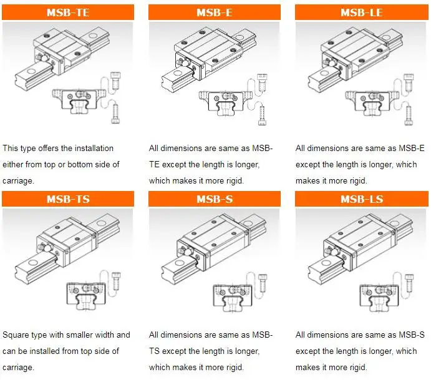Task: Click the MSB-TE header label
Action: (x=68, y=12)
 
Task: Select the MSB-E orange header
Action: (x=215, y=12)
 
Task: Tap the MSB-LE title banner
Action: (x=362, y=12)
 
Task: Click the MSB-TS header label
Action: (x=68, y=199)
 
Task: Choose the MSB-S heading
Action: (x=215, y=199)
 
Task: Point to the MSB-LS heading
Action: (x=362, y=199)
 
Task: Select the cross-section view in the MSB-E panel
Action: (x=225, y=103)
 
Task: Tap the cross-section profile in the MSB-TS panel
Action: (x=85, y=294)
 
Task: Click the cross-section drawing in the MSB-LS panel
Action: (x=379, y=298)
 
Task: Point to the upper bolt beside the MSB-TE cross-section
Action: (x=115, y=80)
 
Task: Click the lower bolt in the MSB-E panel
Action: (x=262, y=115)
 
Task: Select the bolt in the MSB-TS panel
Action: (x=116, y=280)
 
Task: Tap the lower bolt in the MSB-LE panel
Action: (x=409, y=115)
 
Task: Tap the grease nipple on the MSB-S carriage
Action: (x=183, y=250)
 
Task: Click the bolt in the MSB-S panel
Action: (x=263, y=283)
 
